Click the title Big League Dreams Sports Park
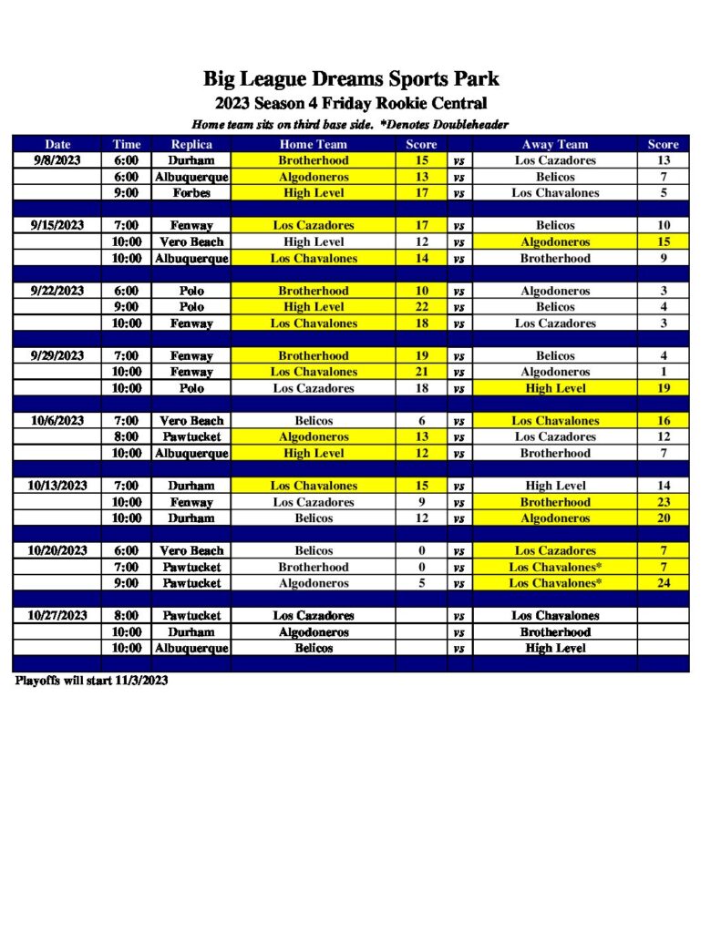click(351, 79)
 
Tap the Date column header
click(57, 144)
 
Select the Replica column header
click(191, 144)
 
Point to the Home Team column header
click(313, 144)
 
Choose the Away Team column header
click(555, 144)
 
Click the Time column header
click(127, 144)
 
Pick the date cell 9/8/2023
click(57, 160)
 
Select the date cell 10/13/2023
click(57, 486)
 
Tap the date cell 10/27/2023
click(57, 616)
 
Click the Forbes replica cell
click(191, 193)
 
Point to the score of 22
click(421, 307)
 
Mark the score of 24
click(663, 583)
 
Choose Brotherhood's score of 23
click(663, 502)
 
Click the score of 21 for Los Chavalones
click(421, 372)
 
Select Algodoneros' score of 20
click(663, 518)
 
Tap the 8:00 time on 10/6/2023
click(127, 437)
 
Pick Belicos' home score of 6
click(421, 421)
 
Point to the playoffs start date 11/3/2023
click(142, 681)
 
